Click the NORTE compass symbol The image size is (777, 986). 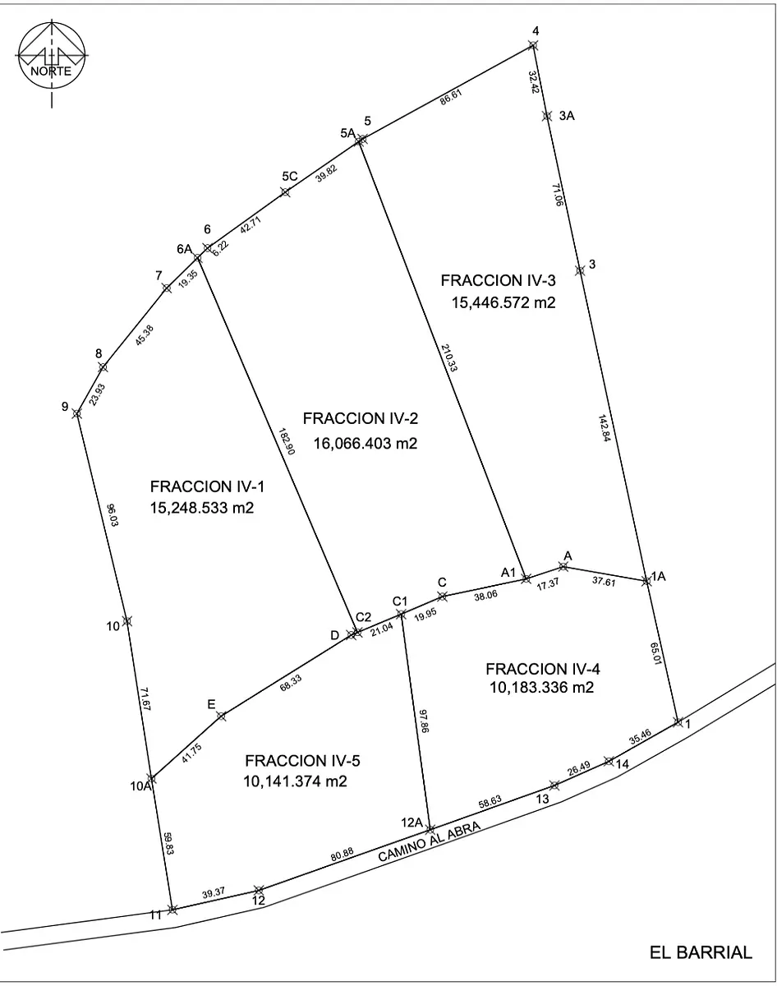pyautogui.click(x=52, y=56)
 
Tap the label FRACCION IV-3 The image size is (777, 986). pyautogui.click(x=498, y=280)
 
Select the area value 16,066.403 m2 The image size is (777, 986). pyautogui.click(x=366, y=443)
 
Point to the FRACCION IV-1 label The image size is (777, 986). pyautogui.click(x=207, y=486)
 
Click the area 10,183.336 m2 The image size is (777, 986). pyautogui.click(x=541, y=687)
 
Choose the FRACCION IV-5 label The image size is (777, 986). pyautogui.click(x=302, y=761)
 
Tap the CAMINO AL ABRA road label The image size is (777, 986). pyautogui.click(x=430, y=841)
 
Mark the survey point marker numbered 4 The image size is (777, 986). pyautogui.click(x=533, y=45)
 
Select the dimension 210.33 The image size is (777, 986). pyautogui.click(x=449, y=357)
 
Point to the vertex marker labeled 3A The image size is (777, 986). pyautogui.click(x=546, y=116)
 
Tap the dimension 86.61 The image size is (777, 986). pyautogui.click(x=451, y=97)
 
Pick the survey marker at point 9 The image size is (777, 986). pyautogui.click(x=77, y=413)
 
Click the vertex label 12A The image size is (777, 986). pyautogui.click(x=411, y=822)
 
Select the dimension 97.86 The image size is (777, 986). pyautogui.click(x=423, y=721)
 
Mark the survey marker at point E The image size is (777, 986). pyautogui.click(x=221, y=716)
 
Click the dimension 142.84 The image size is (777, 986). pyautogui.click(x=604, y=428)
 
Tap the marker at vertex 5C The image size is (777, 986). pyautogui.click(x=285, y=192)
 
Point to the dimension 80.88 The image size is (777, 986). pyautogui.click(x=343, y=853)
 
